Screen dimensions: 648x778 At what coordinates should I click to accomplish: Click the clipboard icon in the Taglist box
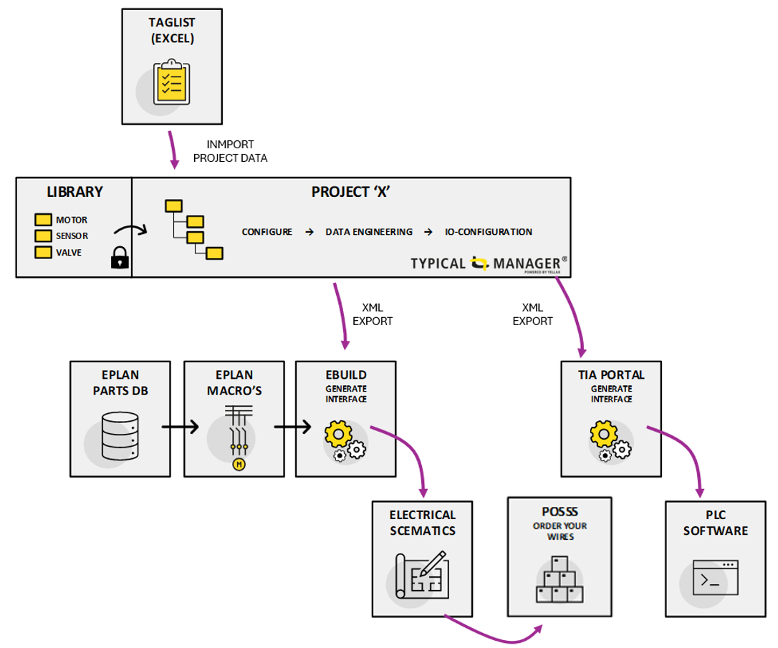coord(172,82)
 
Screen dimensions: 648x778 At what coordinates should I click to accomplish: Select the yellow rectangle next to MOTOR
coord(44,219)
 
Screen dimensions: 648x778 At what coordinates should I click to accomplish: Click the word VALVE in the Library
coord(69,252)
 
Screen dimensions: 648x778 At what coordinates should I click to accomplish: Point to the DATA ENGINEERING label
coord(369,232)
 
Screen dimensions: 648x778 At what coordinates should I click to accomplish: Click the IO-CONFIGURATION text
coord(489,232)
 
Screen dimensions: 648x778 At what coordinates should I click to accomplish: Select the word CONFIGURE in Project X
coord(266,232)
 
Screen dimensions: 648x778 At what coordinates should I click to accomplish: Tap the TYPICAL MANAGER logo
coord(490,263)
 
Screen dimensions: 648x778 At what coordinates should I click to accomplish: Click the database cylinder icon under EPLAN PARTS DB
coord(120,434)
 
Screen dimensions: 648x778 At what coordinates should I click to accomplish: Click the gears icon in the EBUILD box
coord(345,440)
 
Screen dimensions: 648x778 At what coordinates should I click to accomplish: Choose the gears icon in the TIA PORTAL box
coord(610,440)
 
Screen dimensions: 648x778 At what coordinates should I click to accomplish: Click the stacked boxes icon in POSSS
coord(560,579)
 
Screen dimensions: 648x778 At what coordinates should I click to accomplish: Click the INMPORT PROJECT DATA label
coord(230,152)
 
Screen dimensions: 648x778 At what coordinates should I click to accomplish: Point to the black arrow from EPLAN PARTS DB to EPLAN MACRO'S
coord(178,428)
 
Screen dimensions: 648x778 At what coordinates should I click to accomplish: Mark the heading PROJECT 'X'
coord(350,192)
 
